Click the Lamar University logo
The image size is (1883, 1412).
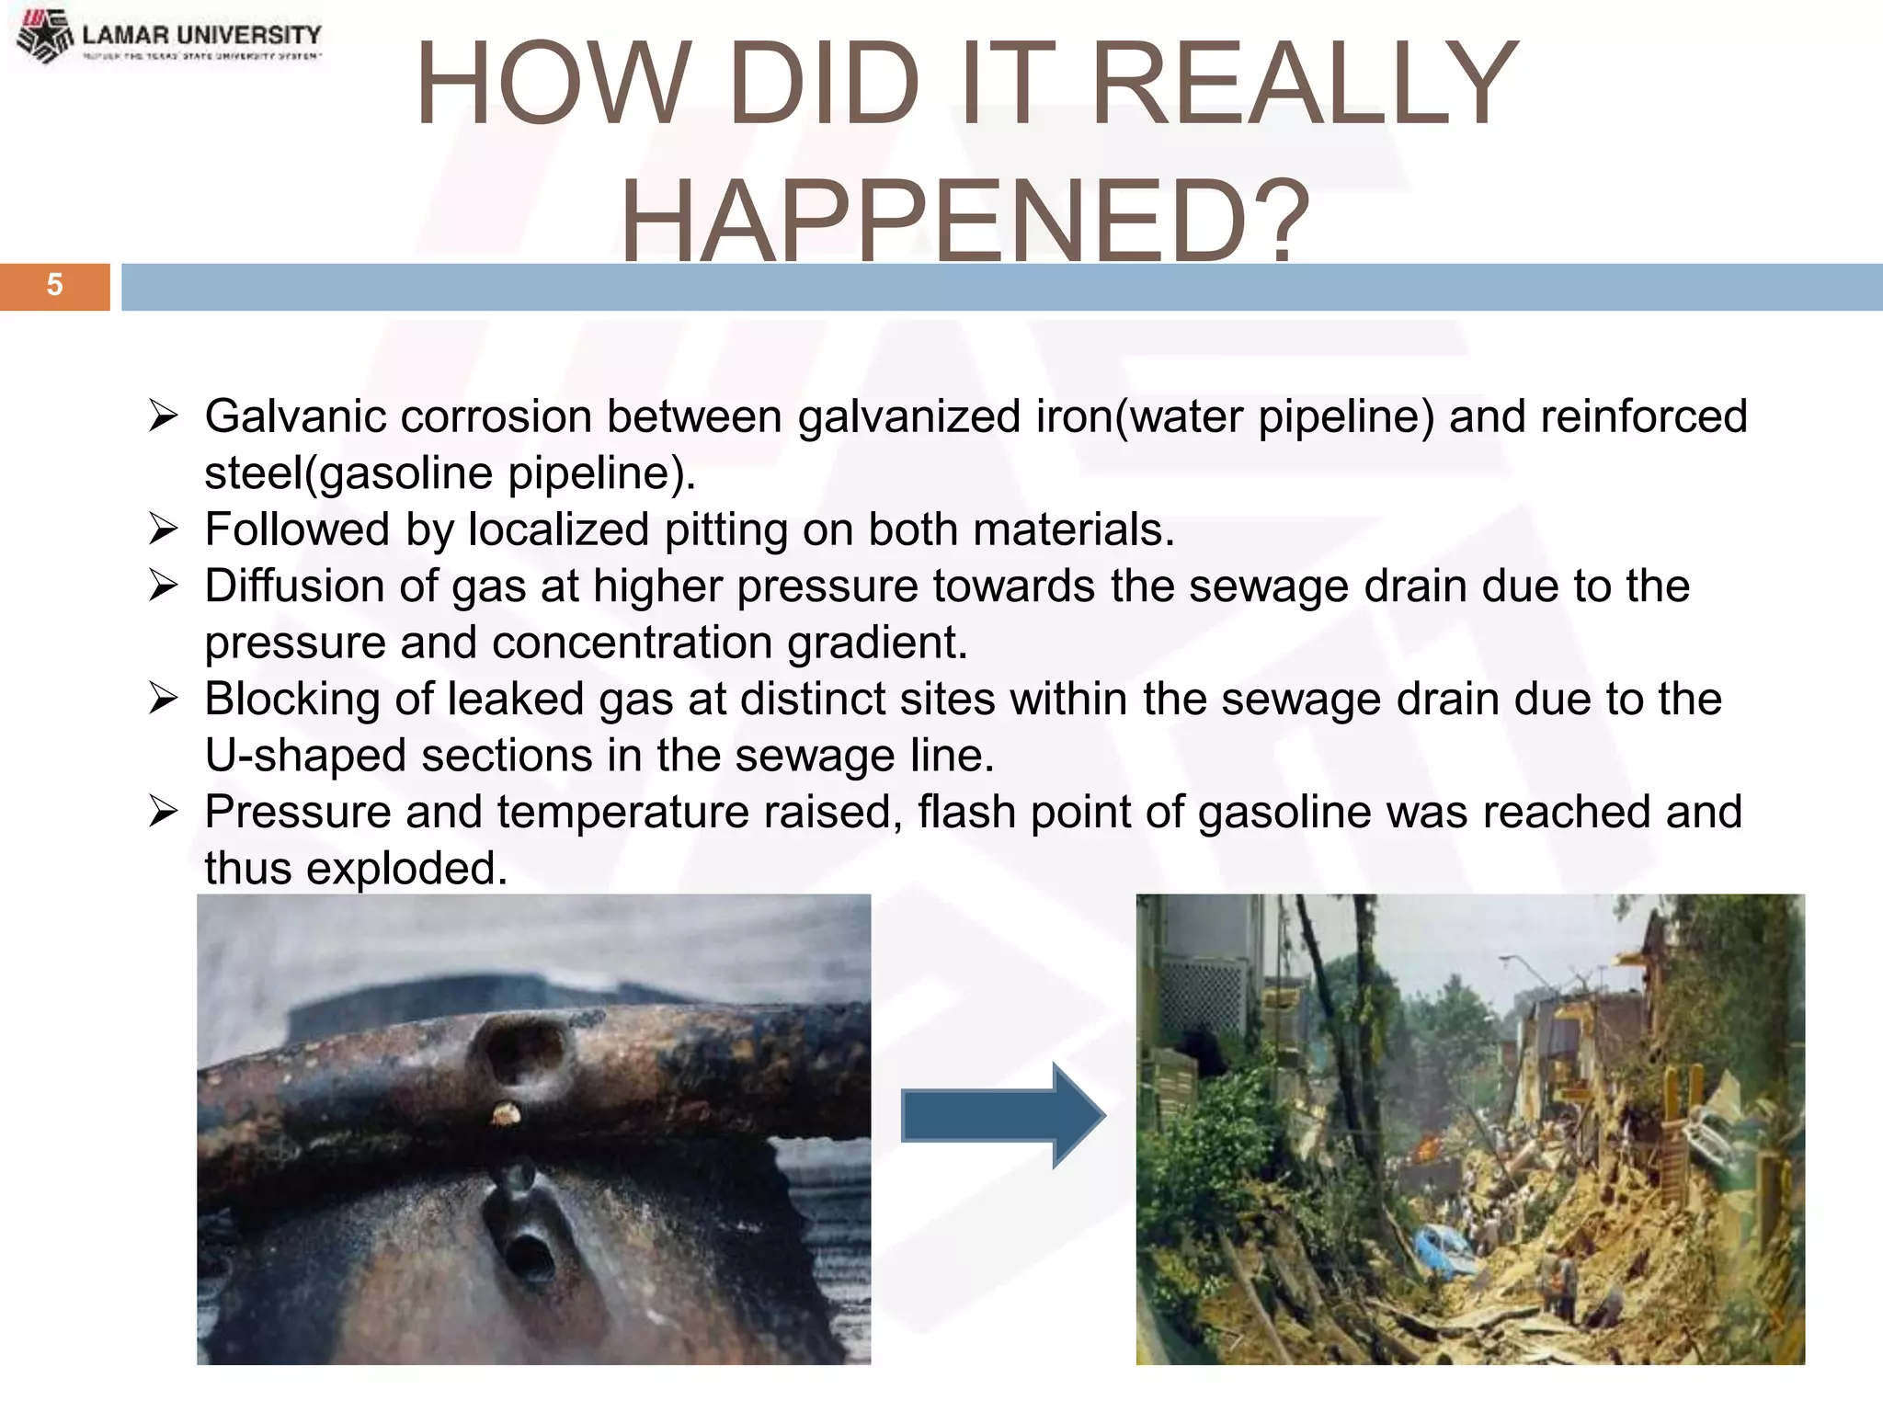point(170,37)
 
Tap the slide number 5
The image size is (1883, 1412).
point(54,285)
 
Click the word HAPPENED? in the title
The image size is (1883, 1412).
point(965,221)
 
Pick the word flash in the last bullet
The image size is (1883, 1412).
point(966,813)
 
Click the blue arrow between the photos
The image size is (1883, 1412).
point(1002,1115)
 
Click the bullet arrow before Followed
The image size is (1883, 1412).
point(164,529)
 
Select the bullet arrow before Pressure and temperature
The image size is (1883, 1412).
point(164,812)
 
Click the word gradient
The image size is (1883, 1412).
point(877,643)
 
